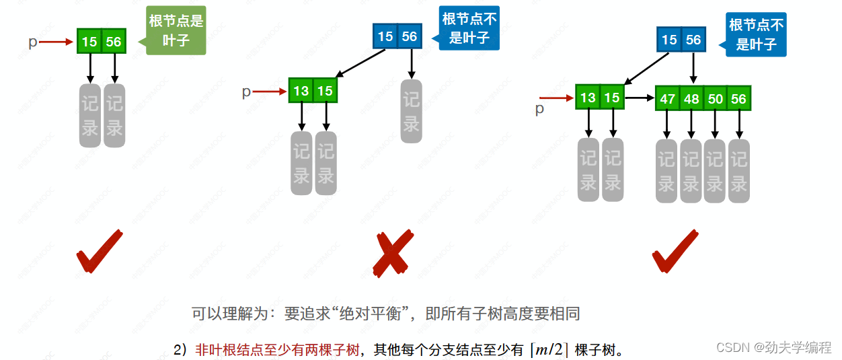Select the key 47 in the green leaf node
pos(667,99)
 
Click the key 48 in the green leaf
pos(691,99)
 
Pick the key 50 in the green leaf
pos(715,99)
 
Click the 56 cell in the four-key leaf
pos(738,99)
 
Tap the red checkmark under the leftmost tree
pos(98,252)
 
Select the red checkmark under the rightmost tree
pos(674,252)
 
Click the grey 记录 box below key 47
pos(666,171)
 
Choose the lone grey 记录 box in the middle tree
pos(412,112)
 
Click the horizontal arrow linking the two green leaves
pos(640,98)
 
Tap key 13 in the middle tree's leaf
pos(301,90)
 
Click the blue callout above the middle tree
pos(469,28)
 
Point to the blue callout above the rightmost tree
pos(757,35)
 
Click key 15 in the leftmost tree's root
pos(89,42)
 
